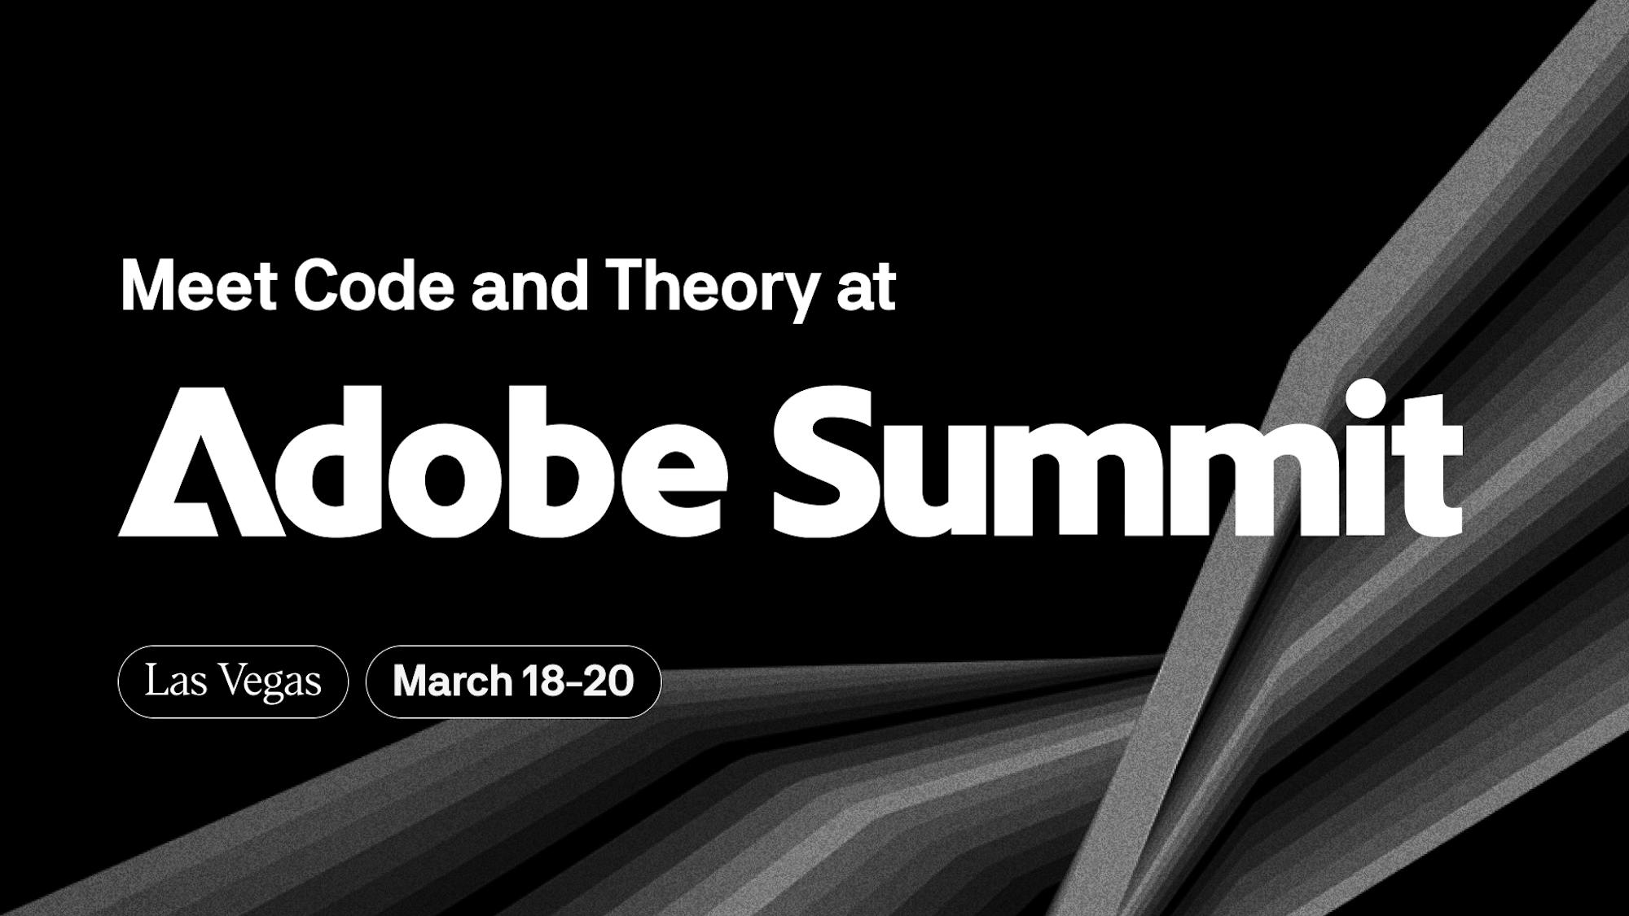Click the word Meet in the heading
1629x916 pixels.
pos(199,286)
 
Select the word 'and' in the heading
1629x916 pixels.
pos(529,286)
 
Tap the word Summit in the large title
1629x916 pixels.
pos(1117,458)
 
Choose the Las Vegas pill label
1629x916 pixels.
pos(233,682)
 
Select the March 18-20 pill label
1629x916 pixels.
pos(513,682)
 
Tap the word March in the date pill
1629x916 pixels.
pos(452,682)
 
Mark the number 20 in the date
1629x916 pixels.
pos(608,682)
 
